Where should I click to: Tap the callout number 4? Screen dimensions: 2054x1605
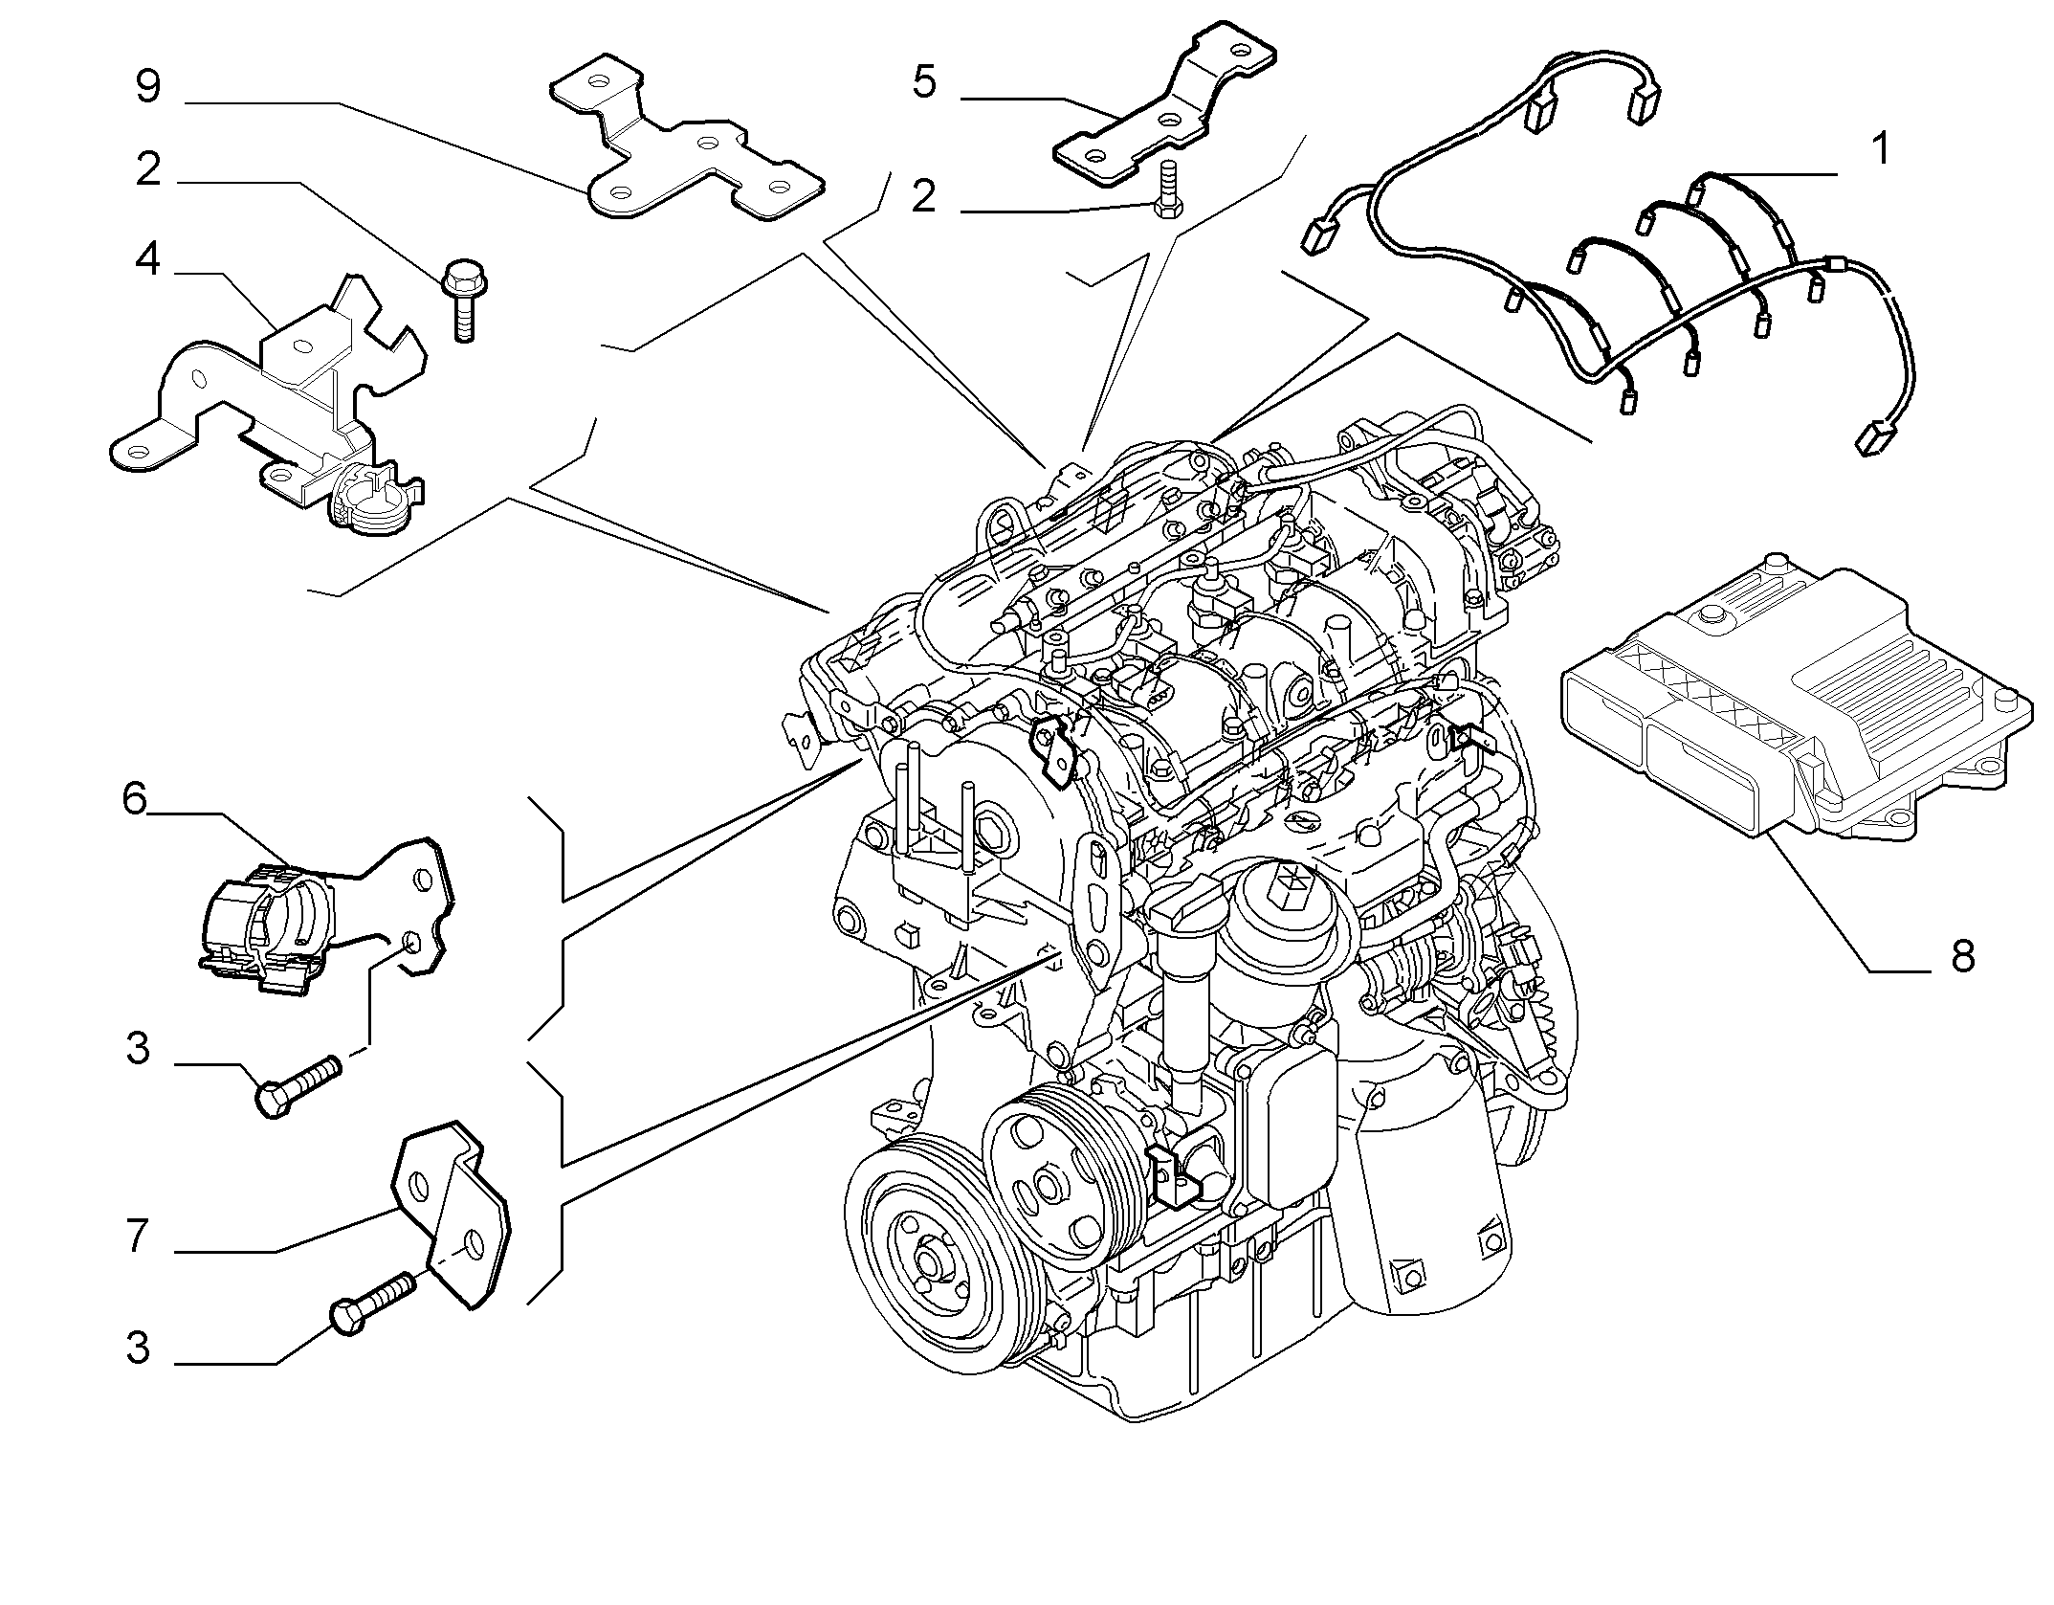[148, 259]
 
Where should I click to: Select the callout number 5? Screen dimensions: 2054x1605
[924, 82]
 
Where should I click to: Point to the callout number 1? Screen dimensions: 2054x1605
[1880, 150]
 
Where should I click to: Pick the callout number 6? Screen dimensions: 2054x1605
[135, 797]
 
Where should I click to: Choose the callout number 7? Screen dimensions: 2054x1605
[138, 1237]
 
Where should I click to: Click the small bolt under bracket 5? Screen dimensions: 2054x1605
[1165, 191]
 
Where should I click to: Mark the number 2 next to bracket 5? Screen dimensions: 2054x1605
[923, 198]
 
